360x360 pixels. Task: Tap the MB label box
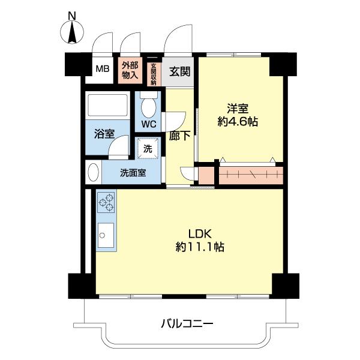102,69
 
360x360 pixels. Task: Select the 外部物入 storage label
130,70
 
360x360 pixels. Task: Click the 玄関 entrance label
179,71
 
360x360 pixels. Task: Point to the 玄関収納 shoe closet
154,74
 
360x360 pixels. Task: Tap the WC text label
149,124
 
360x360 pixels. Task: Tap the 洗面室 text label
133,174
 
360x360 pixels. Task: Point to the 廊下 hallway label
180,136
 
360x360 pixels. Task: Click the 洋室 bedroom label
238,109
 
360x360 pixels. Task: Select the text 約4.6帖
238,122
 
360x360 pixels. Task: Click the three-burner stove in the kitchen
106,202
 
